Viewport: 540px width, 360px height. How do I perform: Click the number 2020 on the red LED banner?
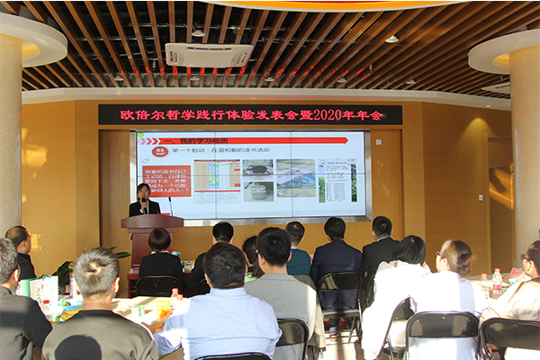[324, 114]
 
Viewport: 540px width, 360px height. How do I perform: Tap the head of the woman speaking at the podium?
[143, 191]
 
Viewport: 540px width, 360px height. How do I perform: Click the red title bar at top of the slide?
[243, 140]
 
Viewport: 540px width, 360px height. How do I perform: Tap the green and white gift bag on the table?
[40, 288]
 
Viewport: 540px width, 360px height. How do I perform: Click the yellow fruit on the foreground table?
[163, 306]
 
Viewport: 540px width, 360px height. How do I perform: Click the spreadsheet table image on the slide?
[217, 174]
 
